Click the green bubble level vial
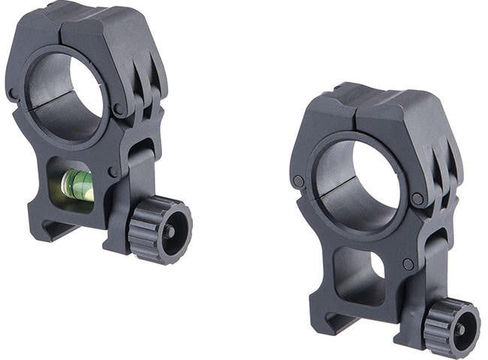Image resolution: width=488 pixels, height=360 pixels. pyautogui.click(x=77, y=184)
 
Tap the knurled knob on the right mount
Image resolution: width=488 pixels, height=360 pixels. pyautogui.click(x=450, y=327)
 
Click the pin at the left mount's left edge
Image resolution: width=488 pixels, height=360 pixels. pyautogui.click(x=13, y=94)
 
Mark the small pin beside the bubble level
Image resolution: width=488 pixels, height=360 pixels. pyautogui.click(x=113, y=172)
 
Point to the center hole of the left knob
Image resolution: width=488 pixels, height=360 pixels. pyautogui.click(x=170, y=230)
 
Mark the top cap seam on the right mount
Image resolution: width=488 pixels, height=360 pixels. pyautogui.click(x=353, y=109)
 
